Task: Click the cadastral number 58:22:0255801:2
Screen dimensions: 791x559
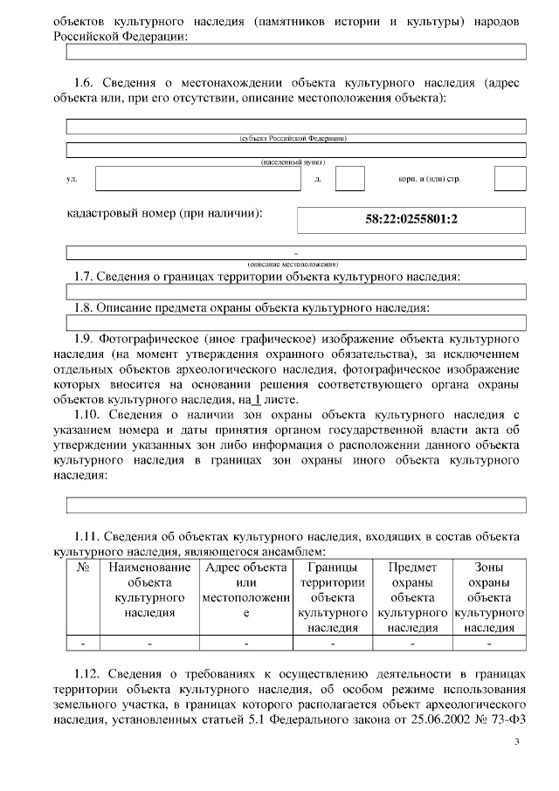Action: coord(411,219)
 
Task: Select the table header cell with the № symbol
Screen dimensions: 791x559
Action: coord(84,567)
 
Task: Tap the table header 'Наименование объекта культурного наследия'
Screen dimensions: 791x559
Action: coord(149,589)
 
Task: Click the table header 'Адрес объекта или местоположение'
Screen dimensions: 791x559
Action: coord(246,590)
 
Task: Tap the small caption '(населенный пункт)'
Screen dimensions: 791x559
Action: coord(296,162)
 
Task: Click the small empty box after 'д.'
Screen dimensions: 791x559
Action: coord(350,178)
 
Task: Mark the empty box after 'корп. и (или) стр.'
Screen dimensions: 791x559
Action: coord(510,178)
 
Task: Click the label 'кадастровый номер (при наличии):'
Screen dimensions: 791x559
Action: coord(165,212)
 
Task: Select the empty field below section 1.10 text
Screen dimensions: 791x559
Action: coord(296,505)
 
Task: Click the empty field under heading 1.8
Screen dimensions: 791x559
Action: coord(296,322)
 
